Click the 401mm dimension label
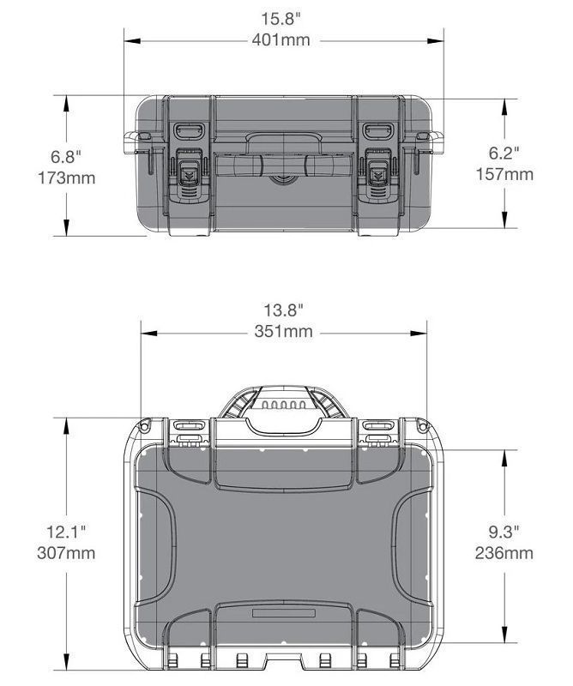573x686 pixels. click(280, 40)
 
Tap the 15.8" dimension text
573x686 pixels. click(281, 19)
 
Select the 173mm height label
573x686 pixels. click(67, 178)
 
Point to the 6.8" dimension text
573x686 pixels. click(66, 157)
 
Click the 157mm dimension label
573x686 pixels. click(504, 174)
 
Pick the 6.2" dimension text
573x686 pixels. click(504, 153)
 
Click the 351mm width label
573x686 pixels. click(284, 331)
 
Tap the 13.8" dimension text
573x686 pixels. click(283, 310)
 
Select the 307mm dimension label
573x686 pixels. click(66, 553)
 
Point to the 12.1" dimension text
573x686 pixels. click(66, 532)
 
